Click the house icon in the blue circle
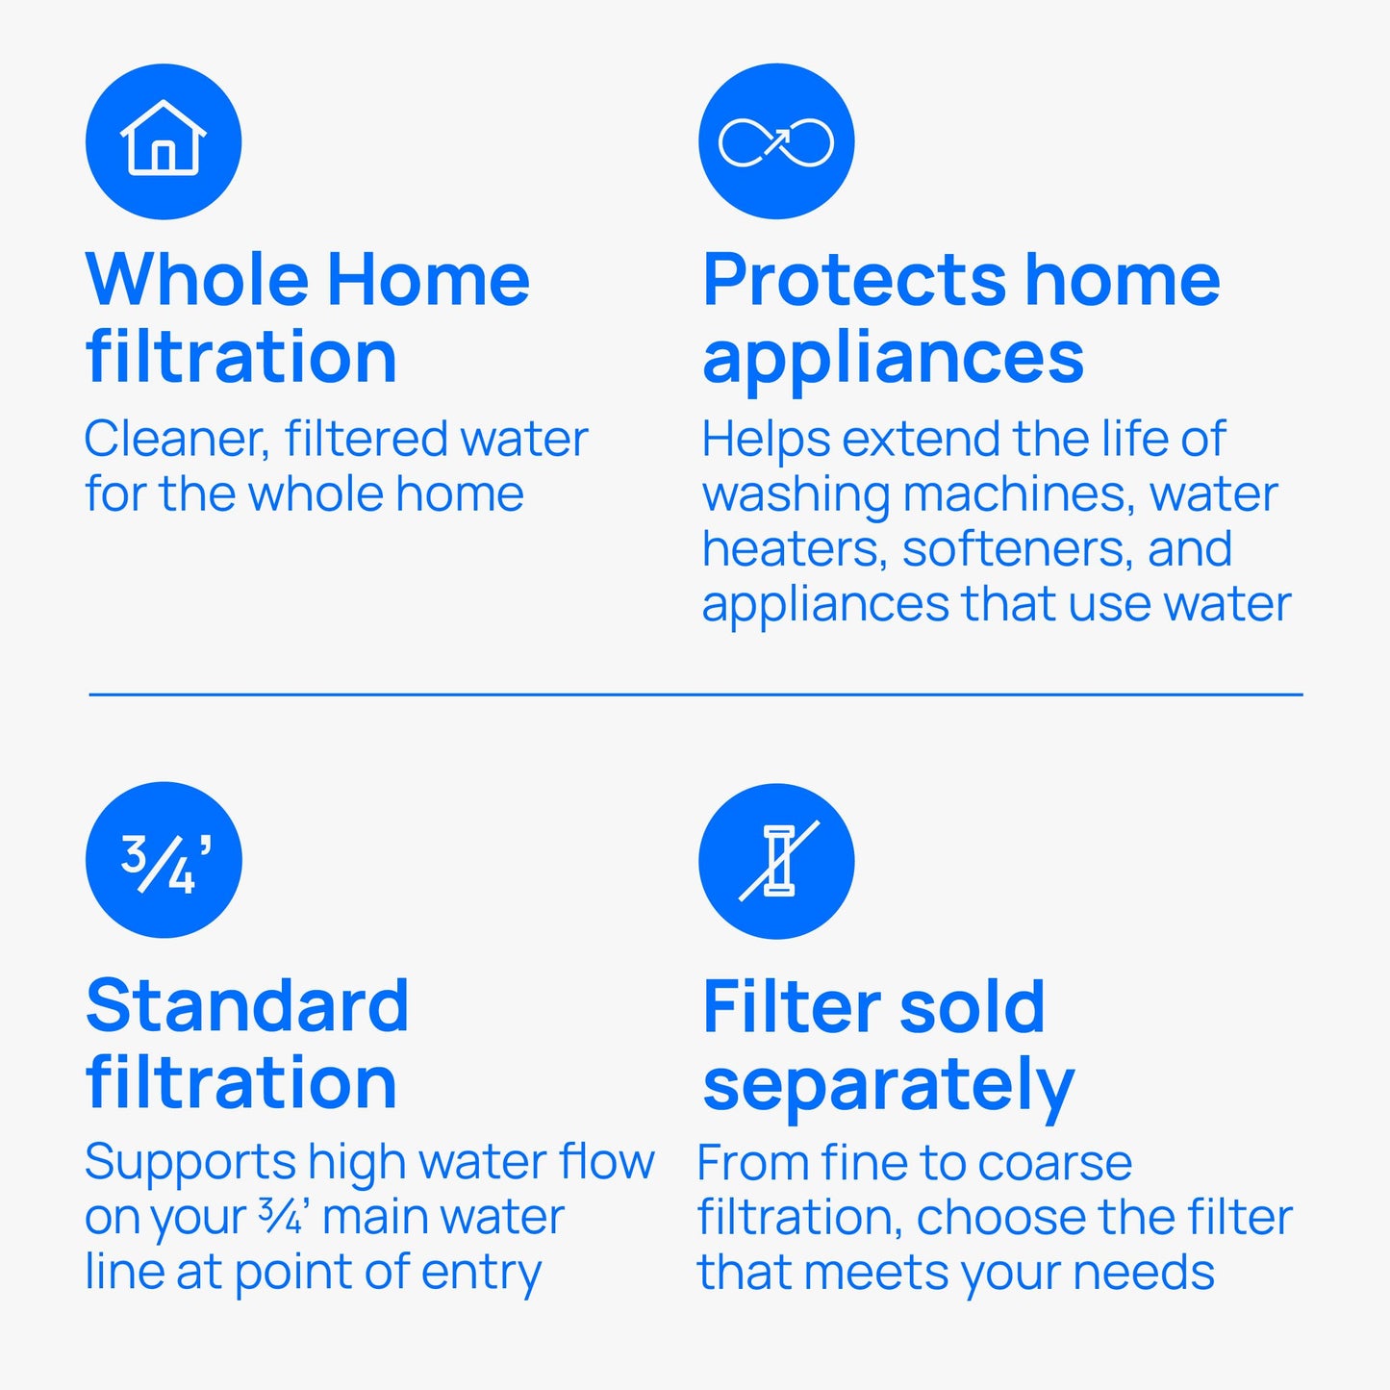[x=164, y=140]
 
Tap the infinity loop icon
[x=776, y=142]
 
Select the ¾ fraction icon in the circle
[x=164, y=861]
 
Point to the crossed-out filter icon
[x=776, y=861]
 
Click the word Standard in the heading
[x=247, y=1006]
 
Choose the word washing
[x=796, y=495]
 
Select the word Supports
[x=189, y=1163]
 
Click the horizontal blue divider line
[x=695, y=694]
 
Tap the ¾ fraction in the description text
[x=280, y=1216]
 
